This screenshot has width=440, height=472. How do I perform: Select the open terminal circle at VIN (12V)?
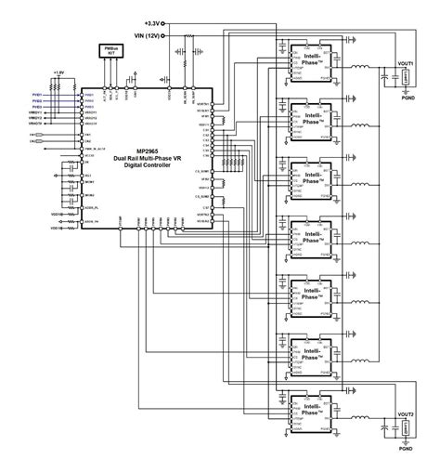click(164, 35)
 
